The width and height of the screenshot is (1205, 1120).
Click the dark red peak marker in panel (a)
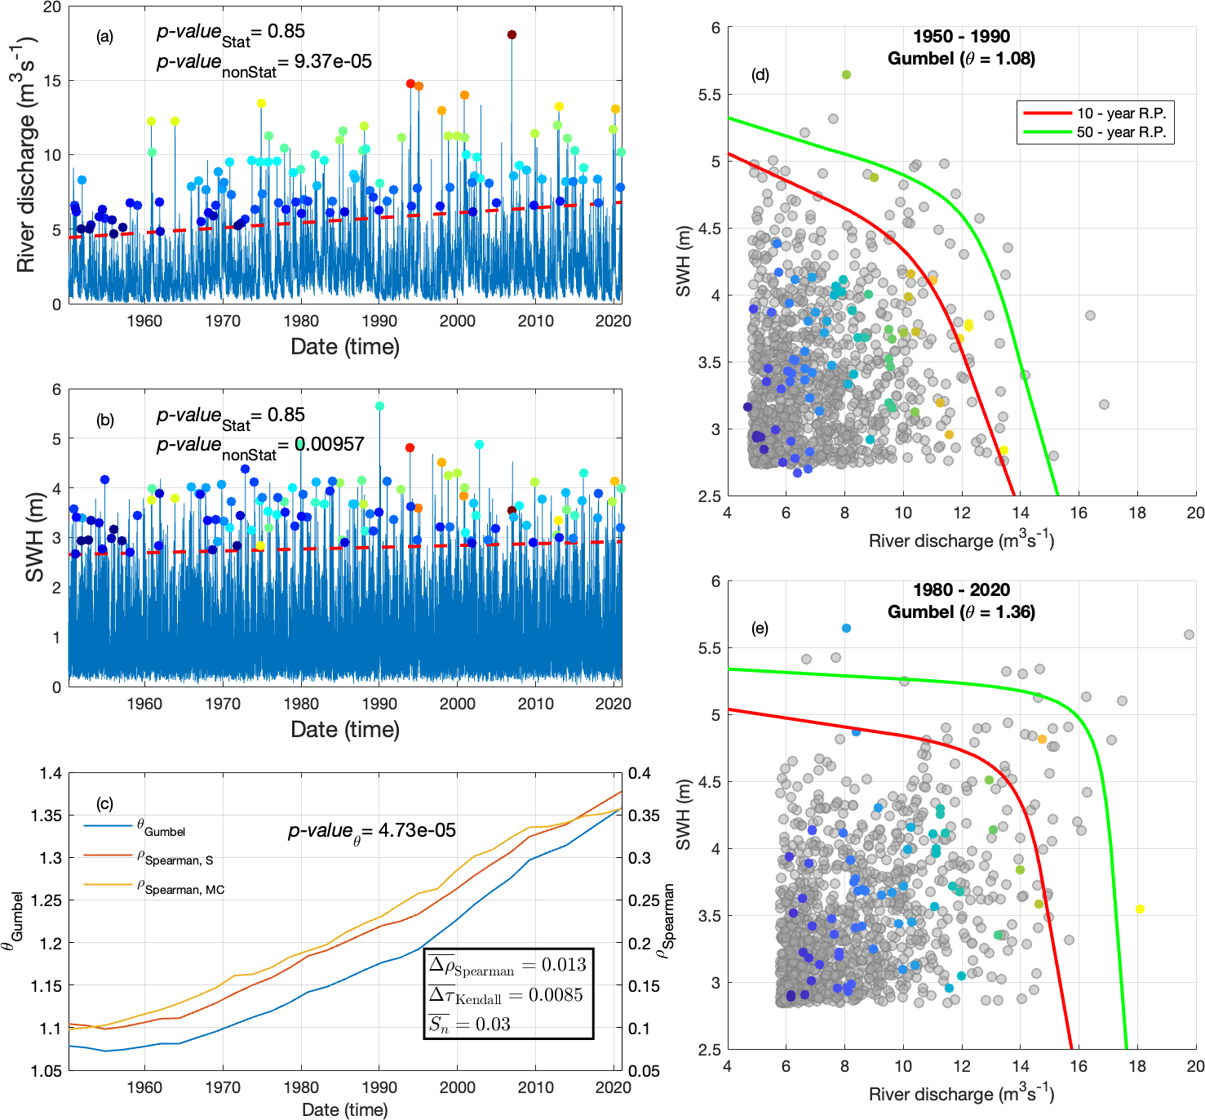pyautogui.click(x=512, y=34)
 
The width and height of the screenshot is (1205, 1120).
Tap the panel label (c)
pyautogui.click(x=104, y=804)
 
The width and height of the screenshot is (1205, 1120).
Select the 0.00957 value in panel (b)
pyautogui.click(x=330, y=444)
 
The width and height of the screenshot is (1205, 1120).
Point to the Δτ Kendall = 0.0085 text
pyautogui.click(x=507, y=995)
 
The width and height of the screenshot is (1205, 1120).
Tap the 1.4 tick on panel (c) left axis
pyautogui.click(x=51, y=773)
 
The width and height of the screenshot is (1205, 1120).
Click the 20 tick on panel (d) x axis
pyautogui.click(x=1195, y=513)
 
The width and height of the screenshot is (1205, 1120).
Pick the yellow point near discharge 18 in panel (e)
pyautogui.click(x=1140, y=909)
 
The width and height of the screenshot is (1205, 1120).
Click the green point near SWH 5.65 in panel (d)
pyautogui.click(x=846, y=75)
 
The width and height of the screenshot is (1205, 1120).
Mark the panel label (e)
pyautogui.click(x=760, y=629)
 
